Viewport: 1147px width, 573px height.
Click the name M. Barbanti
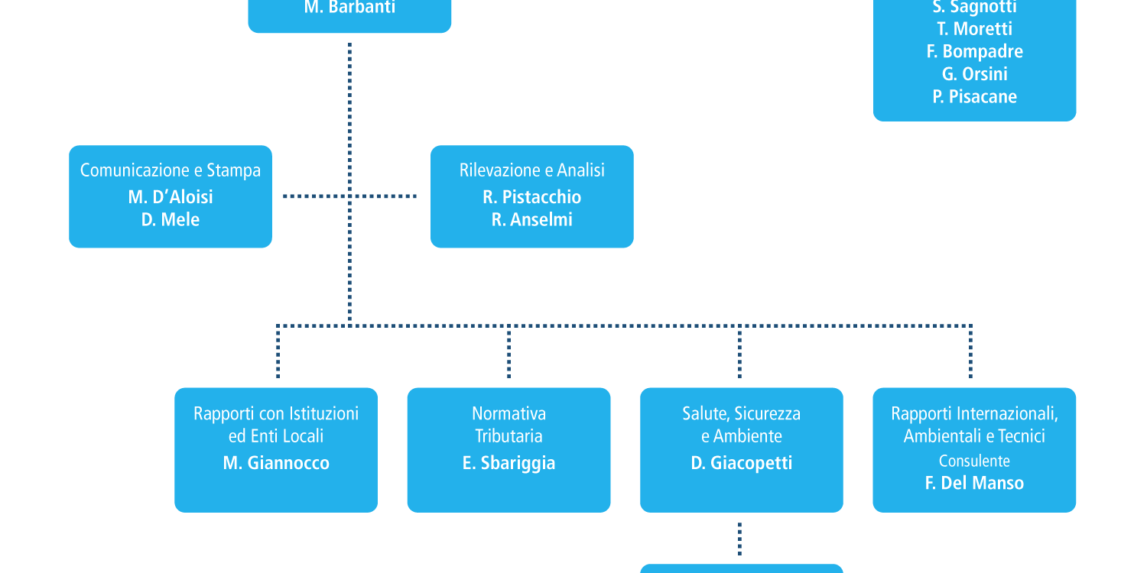pyautogui.click(x=349, y=7)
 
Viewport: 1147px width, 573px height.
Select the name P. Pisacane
pyautogui.click(x=974, y=97)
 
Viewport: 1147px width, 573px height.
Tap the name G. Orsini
pyautogui.click(x=974, y=74)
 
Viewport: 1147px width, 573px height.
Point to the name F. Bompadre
pyautogui.click(x=974, y=51)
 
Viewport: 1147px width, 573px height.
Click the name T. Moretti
pyautogui.click(x=974, y=29)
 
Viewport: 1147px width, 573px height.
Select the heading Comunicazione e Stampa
pyautogui.click(x=171, y=170)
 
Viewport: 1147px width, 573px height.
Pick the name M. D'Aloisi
pyautogui.click(x=171, y=197)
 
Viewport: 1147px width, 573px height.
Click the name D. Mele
pyautogui.click(x=171, y=219)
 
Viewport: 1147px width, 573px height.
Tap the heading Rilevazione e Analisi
pyautogui.click(x=532, y=170)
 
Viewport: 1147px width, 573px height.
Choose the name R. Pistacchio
pyautogui.click(x=532, y=197)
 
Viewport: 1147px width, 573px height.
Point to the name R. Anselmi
pyautogui.click(x=532, y=219)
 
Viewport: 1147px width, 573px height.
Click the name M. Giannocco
pyautogui.click(x=276, y=463)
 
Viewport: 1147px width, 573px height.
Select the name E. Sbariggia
pyautogui.click(x=509, y=463)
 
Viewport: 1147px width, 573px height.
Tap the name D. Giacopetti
pyautogui.click(x=742, y=463)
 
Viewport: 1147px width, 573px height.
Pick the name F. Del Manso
pyautogui.click(x=974, y=483)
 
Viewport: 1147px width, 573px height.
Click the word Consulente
pyautogui.click(x=974, y=461)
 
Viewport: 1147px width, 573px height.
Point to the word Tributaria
pyautogui.click(x=509, y=436)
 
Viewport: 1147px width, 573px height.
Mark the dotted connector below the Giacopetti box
pyautogui.click(x=739, y=539)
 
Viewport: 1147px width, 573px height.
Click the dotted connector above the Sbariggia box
pyautogui.click(x=509, y=352)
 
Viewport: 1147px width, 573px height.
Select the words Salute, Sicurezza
pyautogui.click(x=742, y=413)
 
